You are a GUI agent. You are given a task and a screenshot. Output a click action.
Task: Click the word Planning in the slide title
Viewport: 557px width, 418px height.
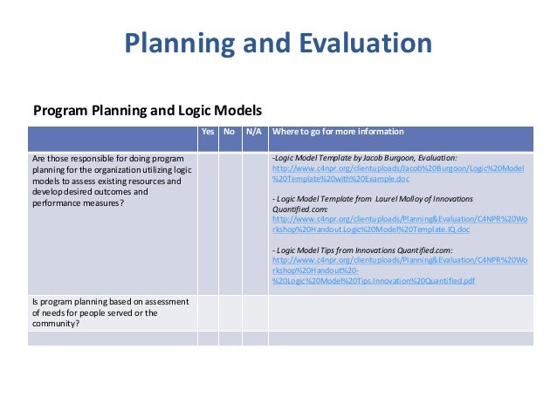pos(181,43)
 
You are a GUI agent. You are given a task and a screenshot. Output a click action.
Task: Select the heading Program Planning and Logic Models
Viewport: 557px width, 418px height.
pos(148,111)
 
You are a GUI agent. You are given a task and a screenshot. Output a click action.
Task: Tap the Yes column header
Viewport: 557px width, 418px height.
pos(208,132)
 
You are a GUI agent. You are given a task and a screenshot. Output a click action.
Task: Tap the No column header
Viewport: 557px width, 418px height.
pos(230,132)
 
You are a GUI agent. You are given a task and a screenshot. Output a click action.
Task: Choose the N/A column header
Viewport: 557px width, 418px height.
pos(254,132)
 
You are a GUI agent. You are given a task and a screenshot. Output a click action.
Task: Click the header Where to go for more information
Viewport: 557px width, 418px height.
pos(338,132)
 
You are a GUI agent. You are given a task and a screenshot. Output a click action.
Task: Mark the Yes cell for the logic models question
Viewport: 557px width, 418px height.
pos(208,223)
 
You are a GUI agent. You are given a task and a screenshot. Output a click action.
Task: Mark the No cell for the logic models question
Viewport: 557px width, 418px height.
pos(230,223)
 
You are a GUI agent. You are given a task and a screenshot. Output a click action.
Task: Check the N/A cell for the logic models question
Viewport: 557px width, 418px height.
pos(254,223)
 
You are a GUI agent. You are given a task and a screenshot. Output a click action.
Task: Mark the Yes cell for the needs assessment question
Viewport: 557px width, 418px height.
pos(208,312)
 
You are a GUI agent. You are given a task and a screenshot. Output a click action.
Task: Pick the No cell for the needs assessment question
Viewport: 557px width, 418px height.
pos(230,312)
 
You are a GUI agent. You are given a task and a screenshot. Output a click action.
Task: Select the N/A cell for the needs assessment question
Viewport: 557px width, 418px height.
pos(254,312)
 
